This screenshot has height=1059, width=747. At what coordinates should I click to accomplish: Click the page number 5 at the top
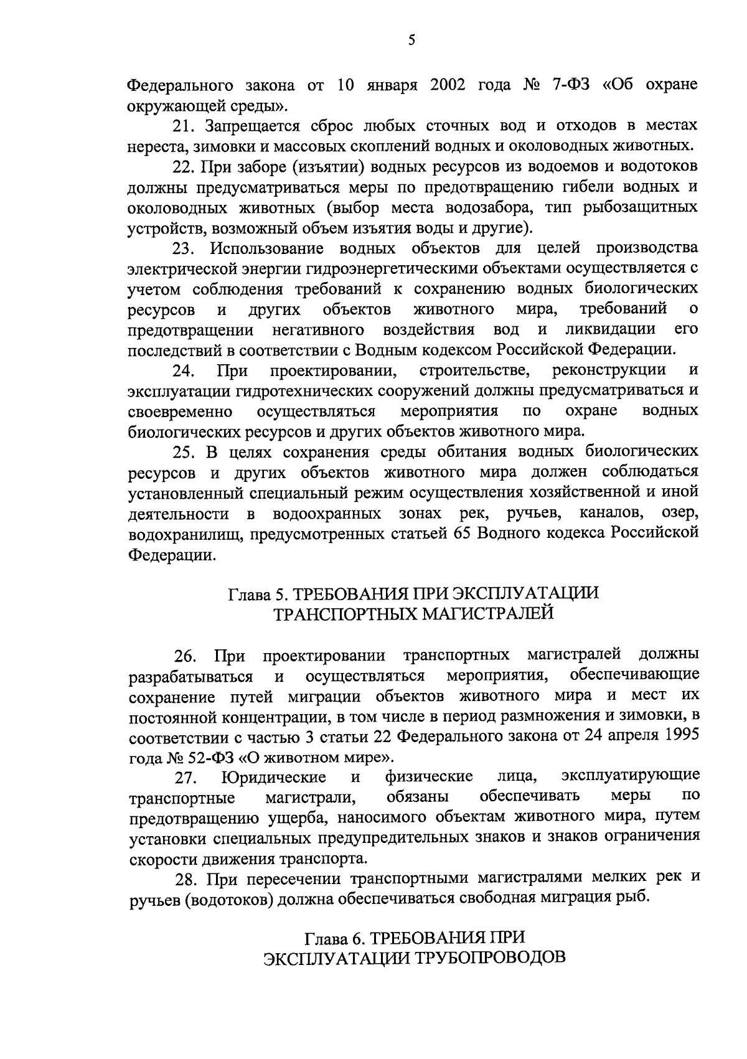(411, 41)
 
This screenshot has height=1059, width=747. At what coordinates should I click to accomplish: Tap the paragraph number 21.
(184, 125)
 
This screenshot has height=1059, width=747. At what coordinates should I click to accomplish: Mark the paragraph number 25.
(184, 451)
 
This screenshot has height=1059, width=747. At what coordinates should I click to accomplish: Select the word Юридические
(274, 778)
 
